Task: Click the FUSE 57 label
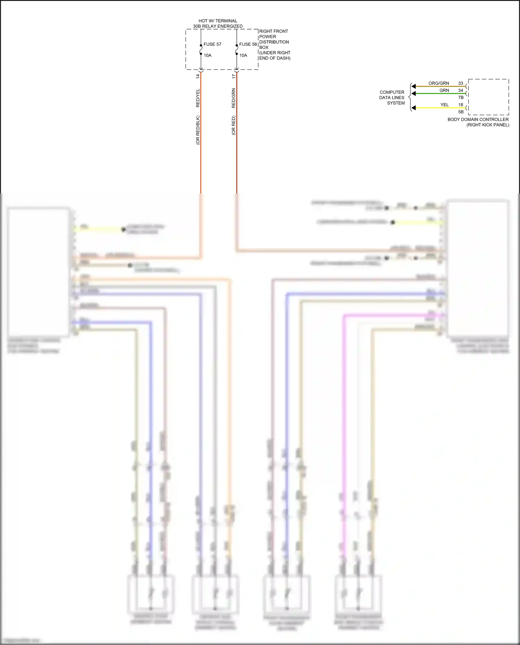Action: point(212,44)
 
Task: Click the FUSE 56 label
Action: point(248,44)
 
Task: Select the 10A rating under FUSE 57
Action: point(207,55)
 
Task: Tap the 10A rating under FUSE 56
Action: point(243,55)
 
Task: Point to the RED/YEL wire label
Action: point(198,98)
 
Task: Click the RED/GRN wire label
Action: point(234,98)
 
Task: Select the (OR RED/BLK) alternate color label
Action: point(198,130)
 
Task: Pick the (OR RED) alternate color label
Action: point(234,125)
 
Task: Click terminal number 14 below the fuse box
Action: point(198,76)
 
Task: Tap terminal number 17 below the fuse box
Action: point(234,76)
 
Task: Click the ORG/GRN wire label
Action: point(439,83)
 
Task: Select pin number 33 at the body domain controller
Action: point(460,83)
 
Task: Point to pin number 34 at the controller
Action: point(460,90)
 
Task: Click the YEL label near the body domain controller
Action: point(444,105)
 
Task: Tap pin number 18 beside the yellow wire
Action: point(460,105)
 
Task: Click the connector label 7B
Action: point(461,98)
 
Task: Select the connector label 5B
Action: point(461,112)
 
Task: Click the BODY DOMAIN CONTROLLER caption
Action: point(478,120)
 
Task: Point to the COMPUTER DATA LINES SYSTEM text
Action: point(392,98)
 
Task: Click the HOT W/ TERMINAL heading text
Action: point(218,21)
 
